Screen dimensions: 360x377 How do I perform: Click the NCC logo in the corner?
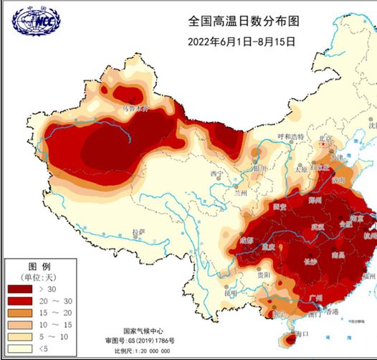[36, 21]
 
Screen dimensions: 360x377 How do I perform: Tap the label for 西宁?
[216, 174]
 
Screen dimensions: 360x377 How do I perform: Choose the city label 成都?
[247, 240]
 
